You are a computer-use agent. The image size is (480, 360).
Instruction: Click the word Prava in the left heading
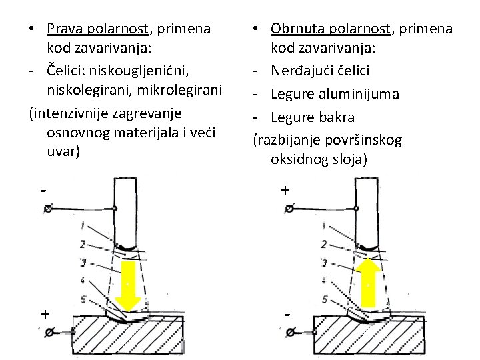pos(65,29)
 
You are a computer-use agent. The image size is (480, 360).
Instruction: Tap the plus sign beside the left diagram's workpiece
pos(45,313)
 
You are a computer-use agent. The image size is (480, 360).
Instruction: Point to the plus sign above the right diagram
pos(285,191)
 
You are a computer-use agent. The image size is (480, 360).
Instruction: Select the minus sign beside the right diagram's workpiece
pos(287,313)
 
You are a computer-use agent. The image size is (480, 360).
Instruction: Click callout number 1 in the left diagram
pos(82,225)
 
